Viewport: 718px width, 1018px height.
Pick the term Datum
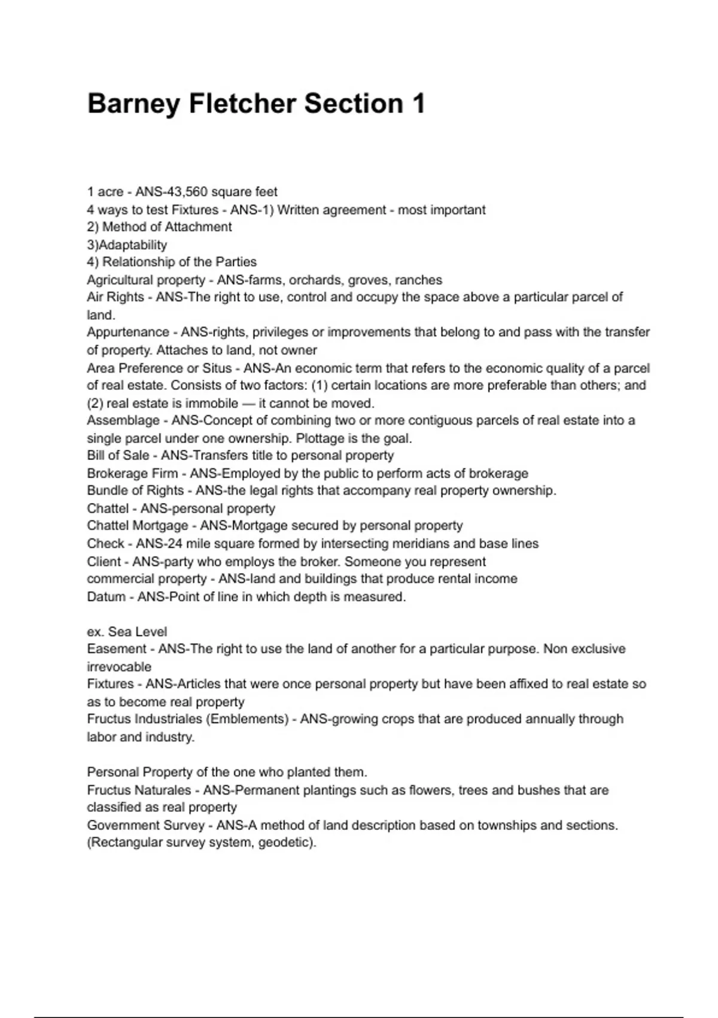click(x=106, y=597)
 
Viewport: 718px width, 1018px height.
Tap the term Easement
click(x=117, y=649)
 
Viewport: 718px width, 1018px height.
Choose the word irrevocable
click(x=119, y=667)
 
